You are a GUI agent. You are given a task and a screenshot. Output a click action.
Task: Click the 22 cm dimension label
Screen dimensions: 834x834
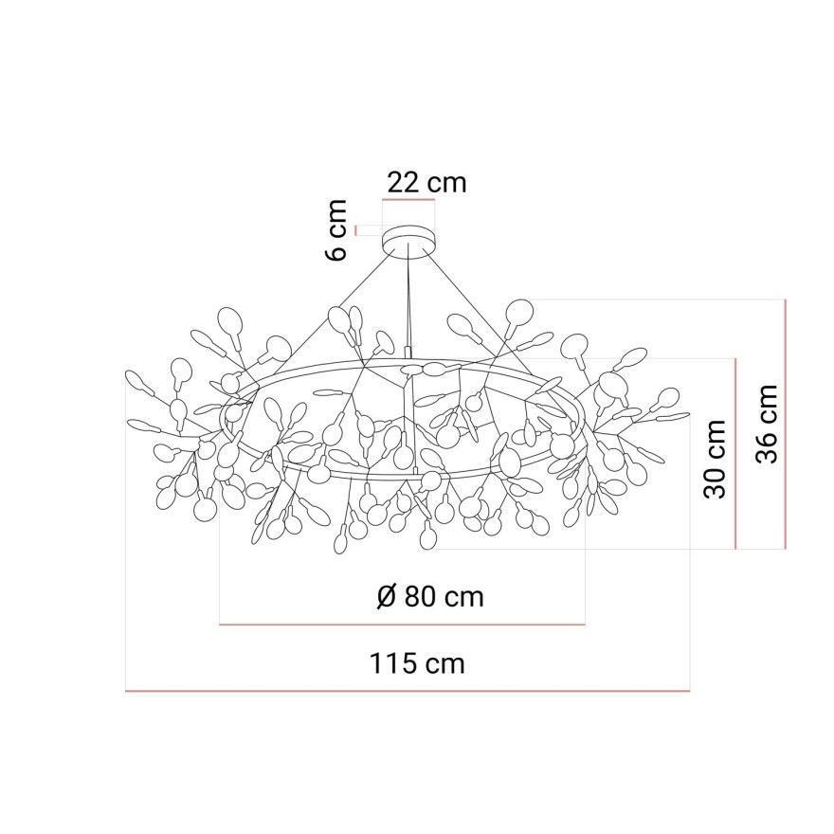[426, 182]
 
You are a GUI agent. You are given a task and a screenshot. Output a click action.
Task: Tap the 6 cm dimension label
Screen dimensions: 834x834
[336, 230]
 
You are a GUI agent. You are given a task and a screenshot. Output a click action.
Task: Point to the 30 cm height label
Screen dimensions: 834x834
[715, 459]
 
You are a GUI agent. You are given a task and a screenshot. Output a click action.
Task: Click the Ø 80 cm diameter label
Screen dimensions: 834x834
[431, 597]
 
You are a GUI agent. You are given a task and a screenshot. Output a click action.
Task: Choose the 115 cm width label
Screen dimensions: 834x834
[417, 663]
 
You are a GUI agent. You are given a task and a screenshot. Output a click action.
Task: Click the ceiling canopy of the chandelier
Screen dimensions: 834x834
[408, 241]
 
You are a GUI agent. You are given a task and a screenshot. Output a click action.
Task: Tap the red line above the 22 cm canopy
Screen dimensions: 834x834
[408, 199]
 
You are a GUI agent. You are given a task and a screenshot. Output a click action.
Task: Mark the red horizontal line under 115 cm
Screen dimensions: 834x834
[408, 691]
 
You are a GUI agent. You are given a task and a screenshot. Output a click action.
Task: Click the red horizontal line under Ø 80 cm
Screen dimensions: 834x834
[402, 624]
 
